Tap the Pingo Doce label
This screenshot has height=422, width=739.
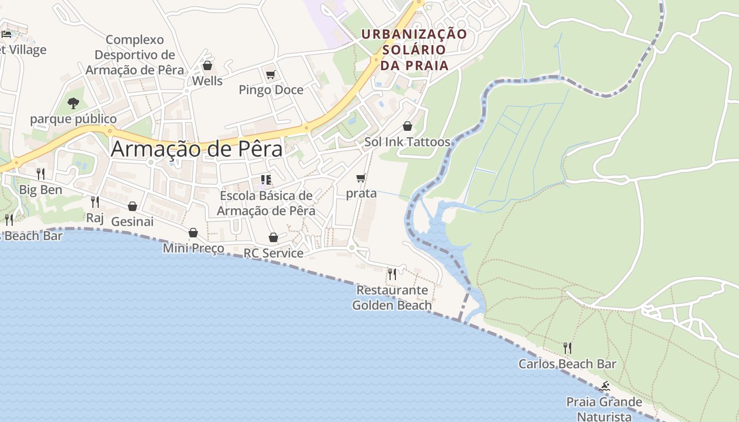(271, 90)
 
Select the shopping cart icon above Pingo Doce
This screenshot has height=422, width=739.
(270, 75)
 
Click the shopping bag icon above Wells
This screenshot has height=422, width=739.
(207, 66)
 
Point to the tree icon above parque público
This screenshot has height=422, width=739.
(73, 103)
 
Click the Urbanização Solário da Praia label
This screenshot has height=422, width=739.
(414, 50)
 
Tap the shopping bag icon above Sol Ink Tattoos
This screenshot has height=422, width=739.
(407, 126)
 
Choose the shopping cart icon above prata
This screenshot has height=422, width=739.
(361, 178)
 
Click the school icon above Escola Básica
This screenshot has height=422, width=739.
(266, 180)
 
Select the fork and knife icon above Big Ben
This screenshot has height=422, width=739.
(40, 174)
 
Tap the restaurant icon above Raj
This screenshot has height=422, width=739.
(94, 202)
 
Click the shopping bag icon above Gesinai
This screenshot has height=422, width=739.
(132, 206)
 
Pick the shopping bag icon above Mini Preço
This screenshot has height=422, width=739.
(193, 233)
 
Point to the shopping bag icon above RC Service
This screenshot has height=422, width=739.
(273, 238)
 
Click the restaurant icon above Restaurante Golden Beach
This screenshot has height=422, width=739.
(392, 274)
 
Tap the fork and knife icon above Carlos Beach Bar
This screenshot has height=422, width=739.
(567, 348)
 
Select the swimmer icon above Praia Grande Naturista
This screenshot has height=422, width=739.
(604, 387)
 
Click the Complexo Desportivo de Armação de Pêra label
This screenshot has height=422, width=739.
(135, 55)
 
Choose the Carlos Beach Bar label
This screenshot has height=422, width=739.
(567, 364)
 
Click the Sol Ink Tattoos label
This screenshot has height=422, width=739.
(407, 142)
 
